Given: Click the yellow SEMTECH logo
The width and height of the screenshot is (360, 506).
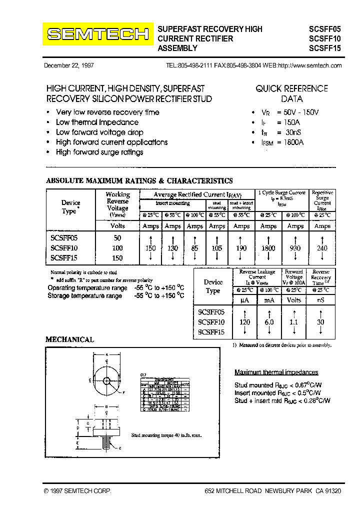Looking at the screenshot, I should point(98,34).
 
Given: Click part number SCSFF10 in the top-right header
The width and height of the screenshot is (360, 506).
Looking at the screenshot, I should point(324,38).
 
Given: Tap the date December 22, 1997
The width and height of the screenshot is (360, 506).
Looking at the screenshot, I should point(69,65).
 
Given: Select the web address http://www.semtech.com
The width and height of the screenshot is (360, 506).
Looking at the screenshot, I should point(309,65).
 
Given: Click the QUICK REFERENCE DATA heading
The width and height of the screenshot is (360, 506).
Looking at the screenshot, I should point(291,93).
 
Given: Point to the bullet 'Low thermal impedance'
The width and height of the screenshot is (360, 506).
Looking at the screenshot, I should point(97,122).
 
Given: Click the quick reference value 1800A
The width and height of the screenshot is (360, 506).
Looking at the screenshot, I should point(287,142).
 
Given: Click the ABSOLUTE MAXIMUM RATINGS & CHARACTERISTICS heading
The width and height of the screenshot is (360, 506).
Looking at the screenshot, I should point(139,181).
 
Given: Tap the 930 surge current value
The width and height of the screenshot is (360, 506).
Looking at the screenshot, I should point(295,248).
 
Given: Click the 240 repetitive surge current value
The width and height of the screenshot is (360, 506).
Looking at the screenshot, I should point(322,248).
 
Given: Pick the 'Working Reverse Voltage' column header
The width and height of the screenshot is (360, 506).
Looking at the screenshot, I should point(117,204).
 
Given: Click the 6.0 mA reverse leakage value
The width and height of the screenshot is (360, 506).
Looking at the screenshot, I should point(269,322).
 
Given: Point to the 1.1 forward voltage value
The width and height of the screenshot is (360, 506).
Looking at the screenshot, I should point(294,322).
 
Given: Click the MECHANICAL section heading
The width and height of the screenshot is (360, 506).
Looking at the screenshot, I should point(69,339).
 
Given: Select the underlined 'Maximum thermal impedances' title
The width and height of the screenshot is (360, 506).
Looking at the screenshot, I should point(276,372).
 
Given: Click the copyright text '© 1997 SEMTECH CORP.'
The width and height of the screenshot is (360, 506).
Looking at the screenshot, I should point(77,491).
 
